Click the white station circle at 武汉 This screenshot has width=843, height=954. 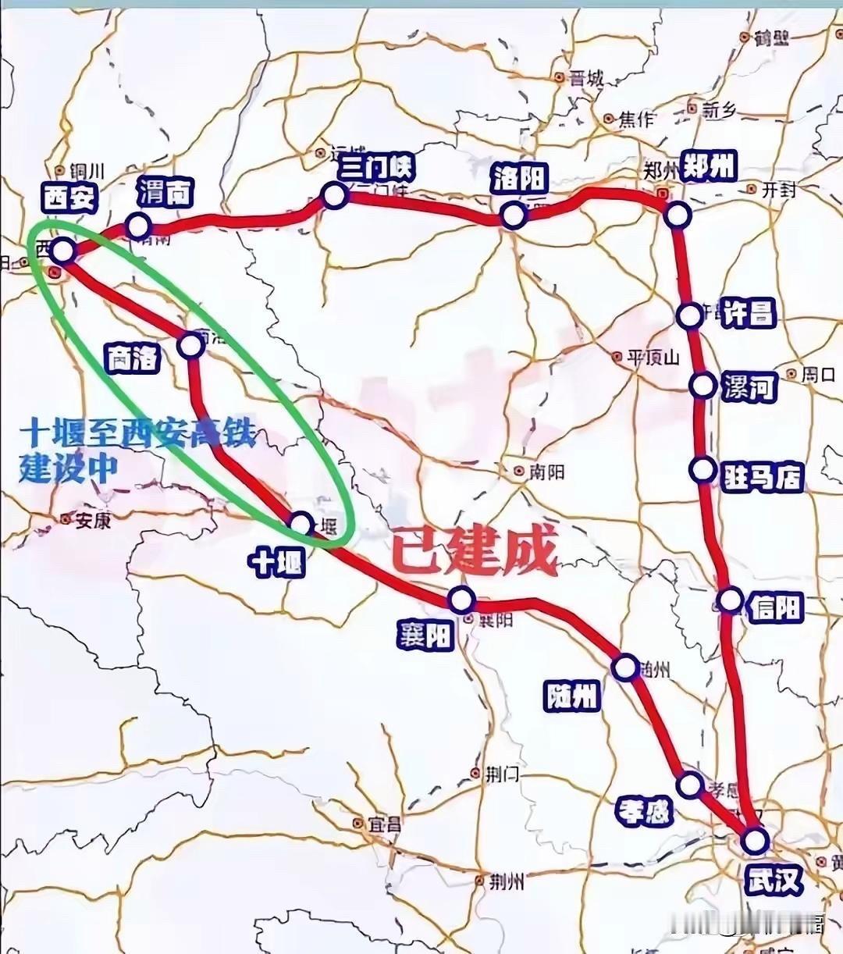point(755,841)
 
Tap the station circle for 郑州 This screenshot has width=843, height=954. point(678,215)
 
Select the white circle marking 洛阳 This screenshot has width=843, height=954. point(513,215)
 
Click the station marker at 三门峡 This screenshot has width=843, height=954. point(334,194)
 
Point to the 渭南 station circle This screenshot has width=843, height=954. point(139,226)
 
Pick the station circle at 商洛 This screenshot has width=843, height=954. point(191,345)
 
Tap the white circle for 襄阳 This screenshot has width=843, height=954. point(461,600)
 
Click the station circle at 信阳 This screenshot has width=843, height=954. point(730,600)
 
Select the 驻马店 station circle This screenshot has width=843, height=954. point(703,469)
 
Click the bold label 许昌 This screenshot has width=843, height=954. point(747,313)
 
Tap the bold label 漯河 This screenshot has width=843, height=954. point(748,386)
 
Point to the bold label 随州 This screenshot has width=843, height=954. point(573,695)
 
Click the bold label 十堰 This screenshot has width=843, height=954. point(276,561)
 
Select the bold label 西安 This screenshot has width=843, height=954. point(69,199)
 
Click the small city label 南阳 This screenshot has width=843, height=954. point(546,472)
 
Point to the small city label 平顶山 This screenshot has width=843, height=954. point(653,358)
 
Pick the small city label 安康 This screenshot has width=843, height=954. point(92,520)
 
